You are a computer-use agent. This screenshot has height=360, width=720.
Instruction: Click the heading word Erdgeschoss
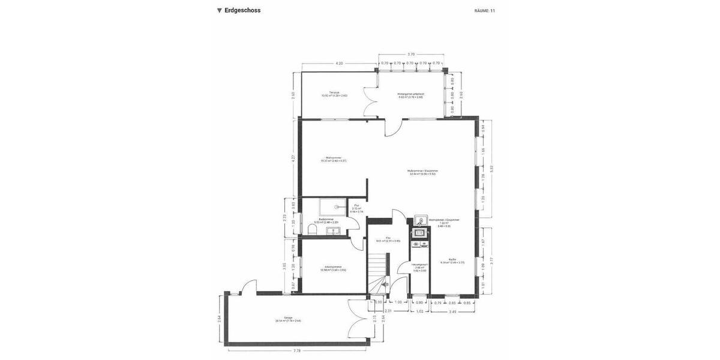click(242, 10)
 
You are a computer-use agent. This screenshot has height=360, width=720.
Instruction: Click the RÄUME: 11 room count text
click(484, 11)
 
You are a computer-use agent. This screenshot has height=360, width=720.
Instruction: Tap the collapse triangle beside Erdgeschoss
click(220, 10)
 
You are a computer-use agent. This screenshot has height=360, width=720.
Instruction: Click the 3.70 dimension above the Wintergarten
click(411, 55)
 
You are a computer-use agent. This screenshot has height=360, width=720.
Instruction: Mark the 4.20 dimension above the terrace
click(339, 63)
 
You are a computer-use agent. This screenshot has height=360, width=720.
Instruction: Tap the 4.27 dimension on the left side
click(293, 159)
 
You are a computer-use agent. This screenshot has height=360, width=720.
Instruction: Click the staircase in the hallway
click(377, 273)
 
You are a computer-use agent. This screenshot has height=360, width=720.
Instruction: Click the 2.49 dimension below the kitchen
click(452, 312)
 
